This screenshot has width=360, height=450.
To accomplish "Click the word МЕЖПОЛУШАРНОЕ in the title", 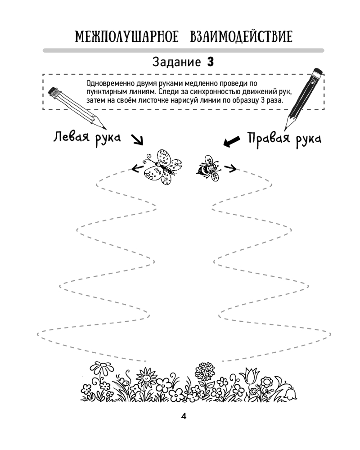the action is pos(126,36).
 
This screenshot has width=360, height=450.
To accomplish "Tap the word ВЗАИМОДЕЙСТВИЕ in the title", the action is pos(241,36).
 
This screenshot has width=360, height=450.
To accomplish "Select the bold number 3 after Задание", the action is pos(211,62).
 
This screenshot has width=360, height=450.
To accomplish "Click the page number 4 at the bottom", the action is pos(184,416).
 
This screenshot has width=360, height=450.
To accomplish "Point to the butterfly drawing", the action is pos(163,167).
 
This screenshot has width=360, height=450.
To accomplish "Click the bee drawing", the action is pos(209,168).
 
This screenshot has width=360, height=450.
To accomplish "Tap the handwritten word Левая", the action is pos(71,137).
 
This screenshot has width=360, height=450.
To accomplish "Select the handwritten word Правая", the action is pos(269,138).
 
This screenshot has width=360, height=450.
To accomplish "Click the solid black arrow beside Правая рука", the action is pos(231,141).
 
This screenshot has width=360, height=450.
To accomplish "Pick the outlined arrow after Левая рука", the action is pos(137,140).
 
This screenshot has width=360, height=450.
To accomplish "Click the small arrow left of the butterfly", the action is pos(138,168).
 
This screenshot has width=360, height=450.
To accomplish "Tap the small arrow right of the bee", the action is pos(230,168).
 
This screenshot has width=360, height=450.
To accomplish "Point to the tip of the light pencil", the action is pos(106,128).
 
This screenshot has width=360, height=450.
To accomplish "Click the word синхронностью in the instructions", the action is pos(220,92).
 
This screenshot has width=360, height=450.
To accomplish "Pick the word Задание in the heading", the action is pos(176,62).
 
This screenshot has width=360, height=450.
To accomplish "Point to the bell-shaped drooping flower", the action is pos(290,394).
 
